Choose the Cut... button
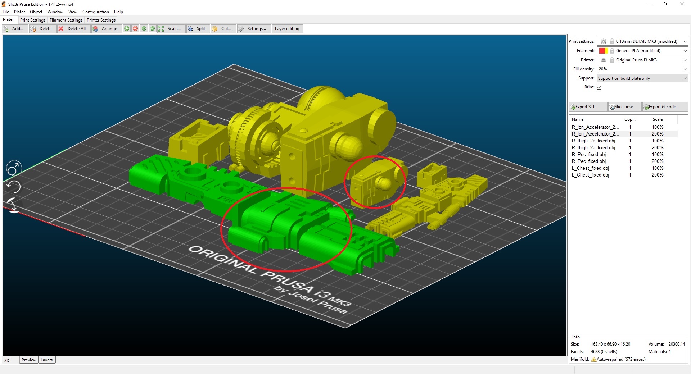coord(222,29)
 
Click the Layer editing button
coord(287,29)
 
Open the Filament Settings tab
coord(66,20)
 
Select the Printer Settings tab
coord(101,20)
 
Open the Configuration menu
coord(95,12)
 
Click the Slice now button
coord(624,107)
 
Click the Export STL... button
coord(587,107)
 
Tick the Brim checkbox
coord(599,87)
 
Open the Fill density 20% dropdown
coord(642,69)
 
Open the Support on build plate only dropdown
coord(642,78)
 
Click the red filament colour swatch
coord(602,51)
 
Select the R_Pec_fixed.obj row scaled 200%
coord(588,161)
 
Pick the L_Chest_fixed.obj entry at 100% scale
coord(590,168)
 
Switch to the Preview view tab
coord(29,360)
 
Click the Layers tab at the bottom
coord(46,360)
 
